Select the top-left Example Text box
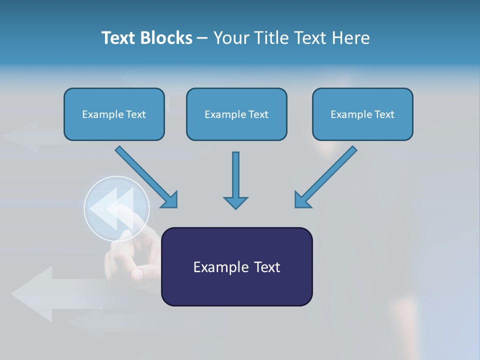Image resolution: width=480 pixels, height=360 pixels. click(114, 114)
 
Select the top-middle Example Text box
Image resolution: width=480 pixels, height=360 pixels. click(236, 114)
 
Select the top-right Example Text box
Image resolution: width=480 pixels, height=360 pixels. click(362, 114)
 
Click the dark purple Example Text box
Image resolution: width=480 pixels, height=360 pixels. click(236, 266)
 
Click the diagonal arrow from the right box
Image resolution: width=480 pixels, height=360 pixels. click(326, 176)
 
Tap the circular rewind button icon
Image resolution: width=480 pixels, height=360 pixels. click(116, 209)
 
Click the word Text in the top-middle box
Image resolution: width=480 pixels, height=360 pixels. click(258, 114)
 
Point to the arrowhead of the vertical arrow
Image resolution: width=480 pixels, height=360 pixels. click(235, 202)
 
